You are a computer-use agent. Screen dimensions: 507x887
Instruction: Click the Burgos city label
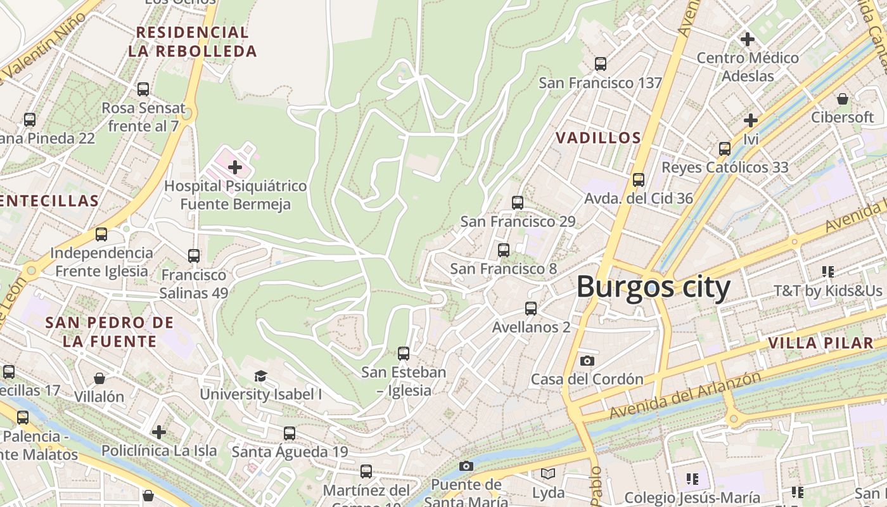pos(653,287)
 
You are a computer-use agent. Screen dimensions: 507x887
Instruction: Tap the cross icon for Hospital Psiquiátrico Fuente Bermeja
pos(235,167)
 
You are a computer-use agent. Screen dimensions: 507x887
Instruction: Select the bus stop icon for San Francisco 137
pos(600,63)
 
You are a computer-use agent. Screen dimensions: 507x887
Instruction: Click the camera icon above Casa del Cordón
pos(587,361)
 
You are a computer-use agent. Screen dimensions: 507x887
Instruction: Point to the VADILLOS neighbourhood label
pos(598,138)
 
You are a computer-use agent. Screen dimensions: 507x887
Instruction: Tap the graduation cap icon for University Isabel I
pos(260,376)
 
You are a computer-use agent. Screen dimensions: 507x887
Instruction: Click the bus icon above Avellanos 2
pos(531,309)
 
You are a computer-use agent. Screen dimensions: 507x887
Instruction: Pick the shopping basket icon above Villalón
pos(99,378)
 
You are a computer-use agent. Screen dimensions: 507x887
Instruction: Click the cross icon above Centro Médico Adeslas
pos(748,39)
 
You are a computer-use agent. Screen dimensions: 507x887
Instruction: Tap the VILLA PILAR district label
pos(820,343)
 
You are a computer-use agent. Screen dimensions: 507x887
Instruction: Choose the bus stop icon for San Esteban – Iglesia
pos(404,354)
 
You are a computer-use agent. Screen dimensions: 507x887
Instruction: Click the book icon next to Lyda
pos(548,474)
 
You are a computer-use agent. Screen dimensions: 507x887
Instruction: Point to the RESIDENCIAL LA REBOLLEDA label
pos(193,41)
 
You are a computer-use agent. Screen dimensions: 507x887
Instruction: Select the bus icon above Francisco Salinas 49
pos(194,256)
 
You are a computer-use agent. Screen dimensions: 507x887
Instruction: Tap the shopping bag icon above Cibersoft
pos(843,99)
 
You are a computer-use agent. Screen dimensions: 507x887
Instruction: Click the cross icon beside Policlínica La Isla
pos(158,432)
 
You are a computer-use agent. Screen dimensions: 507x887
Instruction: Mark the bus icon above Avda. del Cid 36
pos(639,180)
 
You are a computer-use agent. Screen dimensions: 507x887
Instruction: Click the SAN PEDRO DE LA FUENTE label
pos(109,331)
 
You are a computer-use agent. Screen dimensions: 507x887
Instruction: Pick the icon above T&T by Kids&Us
pos(827,272)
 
